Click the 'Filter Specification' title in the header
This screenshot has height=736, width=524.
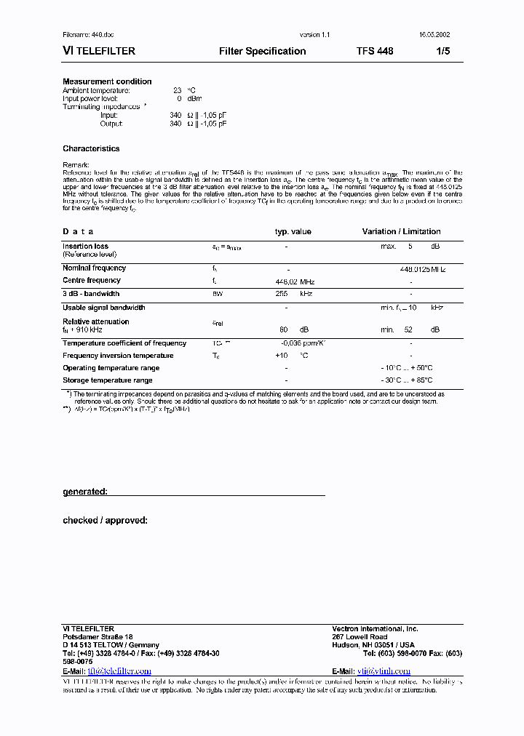262,51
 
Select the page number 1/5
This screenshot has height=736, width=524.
443,51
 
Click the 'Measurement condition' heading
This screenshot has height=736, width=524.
107,81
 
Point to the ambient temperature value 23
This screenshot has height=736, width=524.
177,90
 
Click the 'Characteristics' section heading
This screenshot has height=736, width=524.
91,148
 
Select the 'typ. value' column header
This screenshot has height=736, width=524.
293,231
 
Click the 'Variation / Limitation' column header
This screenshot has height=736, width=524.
401,231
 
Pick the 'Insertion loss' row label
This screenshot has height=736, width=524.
85,247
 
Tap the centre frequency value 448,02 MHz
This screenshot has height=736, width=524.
293,281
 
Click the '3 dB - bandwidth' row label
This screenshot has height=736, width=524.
91,294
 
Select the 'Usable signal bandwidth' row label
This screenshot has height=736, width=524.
103,308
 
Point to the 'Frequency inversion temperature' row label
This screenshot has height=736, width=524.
118,356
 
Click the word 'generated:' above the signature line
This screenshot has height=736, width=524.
85,492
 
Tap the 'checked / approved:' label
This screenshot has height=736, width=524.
105,520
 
